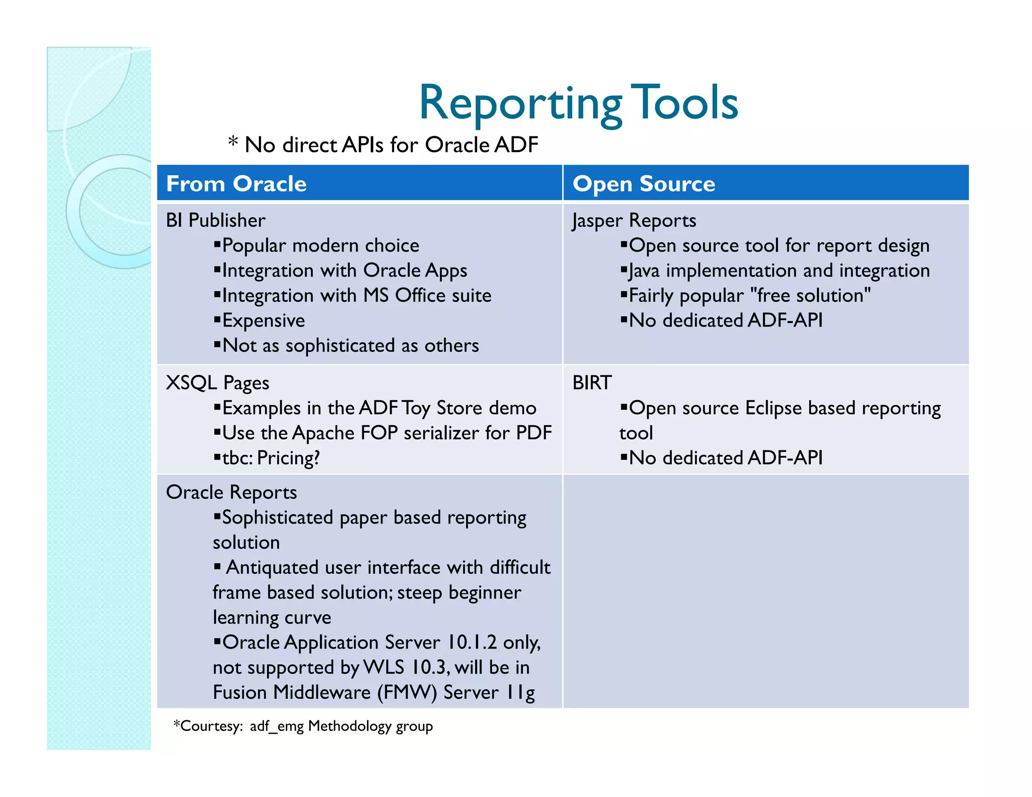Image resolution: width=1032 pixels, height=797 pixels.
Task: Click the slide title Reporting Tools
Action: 578,103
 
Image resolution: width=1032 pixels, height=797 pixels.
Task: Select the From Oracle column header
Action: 236,184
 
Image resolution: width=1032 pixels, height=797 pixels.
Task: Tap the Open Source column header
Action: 643,184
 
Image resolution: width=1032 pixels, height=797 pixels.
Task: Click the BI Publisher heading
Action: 216,220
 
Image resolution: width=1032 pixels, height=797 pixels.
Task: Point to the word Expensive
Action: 264,320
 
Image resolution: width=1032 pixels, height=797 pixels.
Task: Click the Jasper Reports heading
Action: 634,220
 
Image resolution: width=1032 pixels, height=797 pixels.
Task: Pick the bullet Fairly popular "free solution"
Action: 749,295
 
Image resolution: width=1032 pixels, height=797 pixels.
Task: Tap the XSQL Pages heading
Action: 218,383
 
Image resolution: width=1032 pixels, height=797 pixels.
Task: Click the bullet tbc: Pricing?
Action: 271,458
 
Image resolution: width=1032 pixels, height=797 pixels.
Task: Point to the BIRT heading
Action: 592,383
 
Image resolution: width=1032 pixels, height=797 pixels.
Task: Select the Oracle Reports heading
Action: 231,492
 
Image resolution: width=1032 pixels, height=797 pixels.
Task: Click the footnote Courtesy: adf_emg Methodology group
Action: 303,726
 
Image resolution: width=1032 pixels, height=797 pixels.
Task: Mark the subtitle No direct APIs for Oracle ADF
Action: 391,145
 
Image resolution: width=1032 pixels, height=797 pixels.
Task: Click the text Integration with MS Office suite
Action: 356,295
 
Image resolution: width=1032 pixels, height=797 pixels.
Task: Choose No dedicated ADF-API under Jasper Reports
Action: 726,320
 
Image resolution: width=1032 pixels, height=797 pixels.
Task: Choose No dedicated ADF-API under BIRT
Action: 726,458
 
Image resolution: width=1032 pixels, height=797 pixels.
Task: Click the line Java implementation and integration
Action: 779,271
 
